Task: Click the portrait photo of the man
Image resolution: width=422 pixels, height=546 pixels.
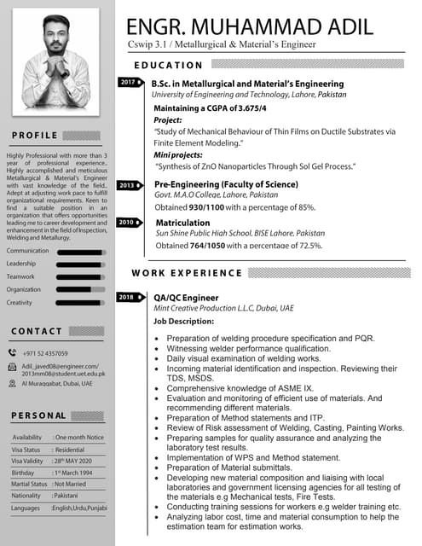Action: click(56, 60)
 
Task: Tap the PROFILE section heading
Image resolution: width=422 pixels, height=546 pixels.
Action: click(36, 136)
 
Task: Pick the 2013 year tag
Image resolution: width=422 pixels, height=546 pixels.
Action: click(128, 184)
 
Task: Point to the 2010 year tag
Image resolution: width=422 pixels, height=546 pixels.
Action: click(127, 222)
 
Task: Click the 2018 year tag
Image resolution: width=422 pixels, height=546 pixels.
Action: click(128, 297)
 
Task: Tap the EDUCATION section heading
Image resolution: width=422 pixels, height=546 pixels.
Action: click(169, 65)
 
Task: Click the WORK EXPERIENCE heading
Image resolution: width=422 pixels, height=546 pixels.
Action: click(187, 273)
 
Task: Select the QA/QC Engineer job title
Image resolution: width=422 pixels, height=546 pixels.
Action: click(185, 297)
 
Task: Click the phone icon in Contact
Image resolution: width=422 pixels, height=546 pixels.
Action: click(13, 352)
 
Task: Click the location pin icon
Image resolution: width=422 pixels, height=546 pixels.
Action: click(13, 384)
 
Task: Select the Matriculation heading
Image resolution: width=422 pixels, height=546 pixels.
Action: click(182, 222)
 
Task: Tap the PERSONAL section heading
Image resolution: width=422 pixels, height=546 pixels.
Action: click(39, 415)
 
